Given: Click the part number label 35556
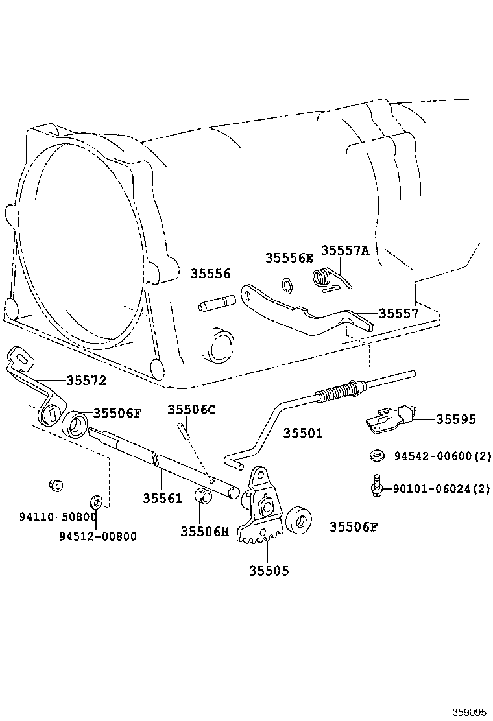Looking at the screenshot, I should pyautogui.click(x=210, y=274).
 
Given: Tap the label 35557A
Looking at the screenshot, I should pyautogui.click(x=344, y=251).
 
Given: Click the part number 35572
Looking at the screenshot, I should pyautogui.click(x=85, y=380).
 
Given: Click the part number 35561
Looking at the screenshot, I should pyautogui.click(x=163, y=498).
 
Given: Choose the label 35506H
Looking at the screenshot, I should pyautogui.click(x=204, y=531).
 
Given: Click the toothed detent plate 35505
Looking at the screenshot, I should pyautogui.click(x=263, y=512).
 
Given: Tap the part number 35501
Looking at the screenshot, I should pyautogui.click(x=302, y=433).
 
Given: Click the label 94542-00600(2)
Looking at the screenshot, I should pyautogui.click(x=442, y=456).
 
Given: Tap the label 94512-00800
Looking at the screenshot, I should pyautogui.click(x=98, y=536).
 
